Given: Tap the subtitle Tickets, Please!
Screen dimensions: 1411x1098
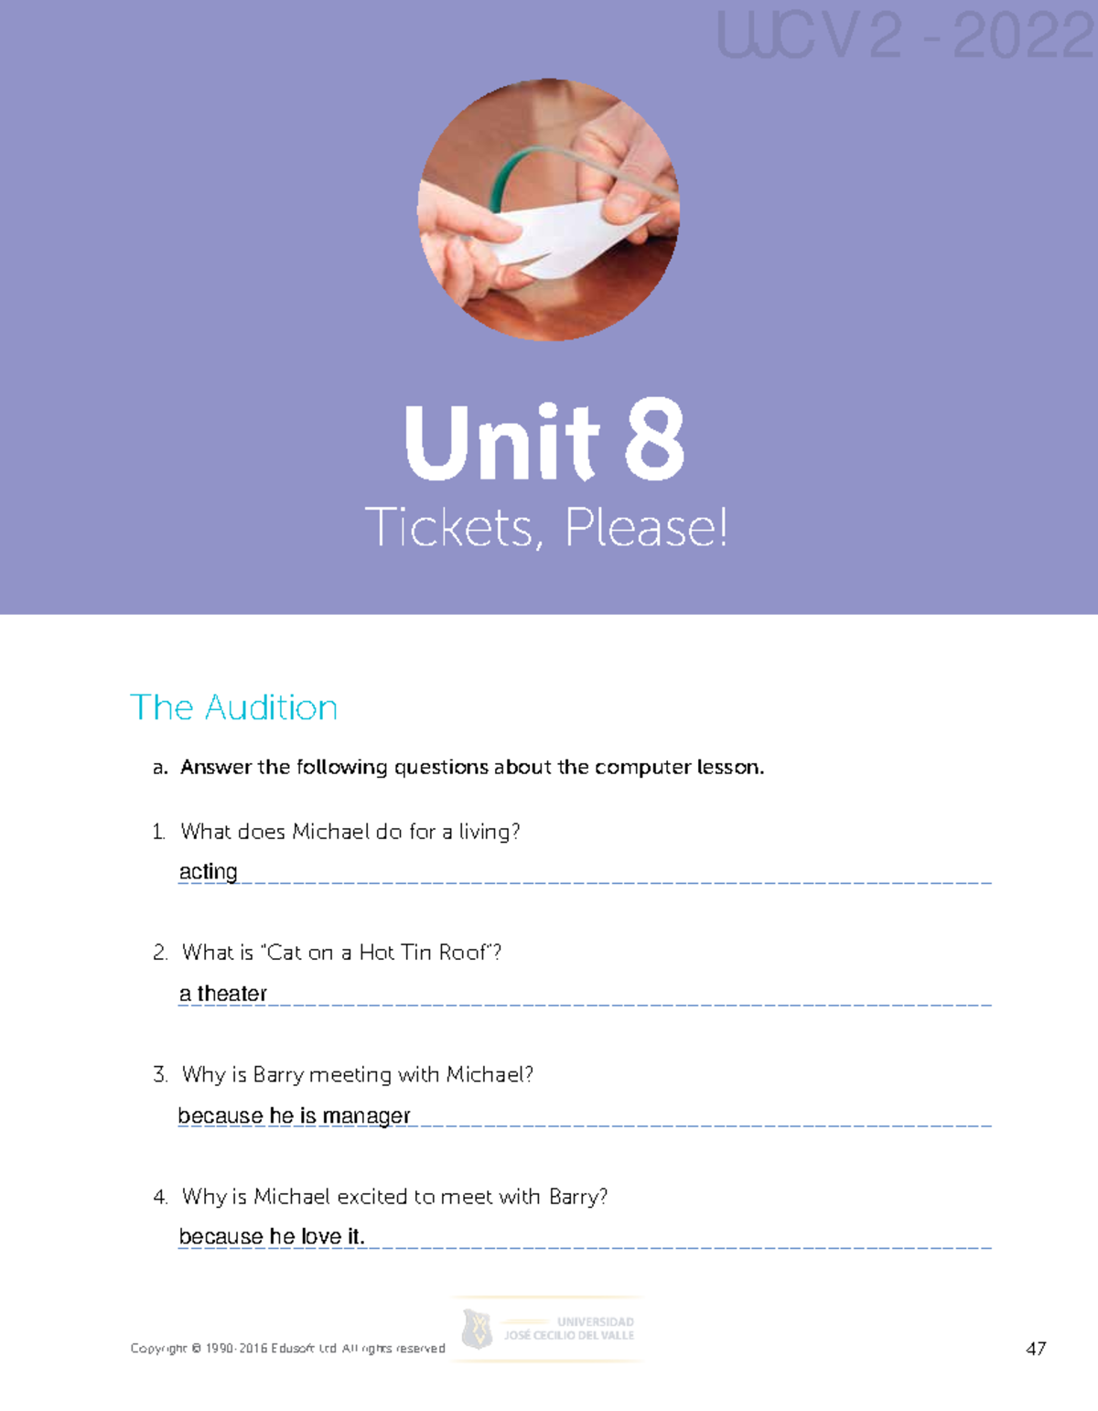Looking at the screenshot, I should (546, 528).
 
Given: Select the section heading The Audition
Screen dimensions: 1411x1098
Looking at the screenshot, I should (234, 707).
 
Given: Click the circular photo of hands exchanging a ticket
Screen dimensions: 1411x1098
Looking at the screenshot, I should (548, 210).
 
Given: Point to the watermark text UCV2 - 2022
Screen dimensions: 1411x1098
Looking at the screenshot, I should (906, 37).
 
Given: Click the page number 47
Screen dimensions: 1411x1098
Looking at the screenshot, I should (1036, 1348).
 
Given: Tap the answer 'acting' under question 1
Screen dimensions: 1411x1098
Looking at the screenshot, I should (208, 871).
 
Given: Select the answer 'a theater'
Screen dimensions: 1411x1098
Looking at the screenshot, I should (223, 993).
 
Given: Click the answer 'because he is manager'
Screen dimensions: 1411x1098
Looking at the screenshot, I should (294, 1115).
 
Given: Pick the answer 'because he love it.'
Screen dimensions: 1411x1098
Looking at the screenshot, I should (272, 1236).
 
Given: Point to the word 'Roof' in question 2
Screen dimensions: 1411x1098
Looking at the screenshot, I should (464, 953).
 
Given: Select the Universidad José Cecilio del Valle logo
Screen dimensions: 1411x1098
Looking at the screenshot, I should (547, 1329).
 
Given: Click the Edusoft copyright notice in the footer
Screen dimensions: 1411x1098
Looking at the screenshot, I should (287, 1348).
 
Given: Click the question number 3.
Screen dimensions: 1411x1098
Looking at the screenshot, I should (160, 1074).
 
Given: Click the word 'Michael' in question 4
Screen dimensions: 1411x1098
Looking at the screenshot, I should (292, 1196).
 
